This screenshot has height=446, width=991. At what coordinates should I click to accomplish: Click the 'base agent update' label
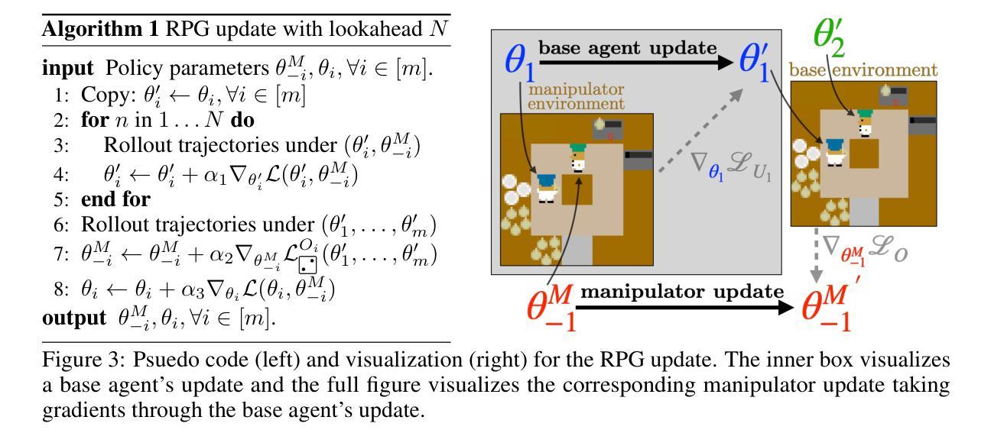point(629,48)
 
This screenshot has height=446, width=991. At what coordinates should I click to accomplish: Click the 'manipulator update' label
point(684,292)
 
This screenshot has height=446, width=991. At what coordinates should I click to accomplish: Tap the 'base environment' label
point(863,71)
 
